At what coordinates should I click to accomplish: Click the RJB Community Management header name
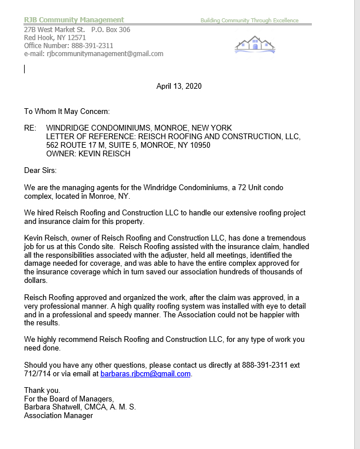[74, 20]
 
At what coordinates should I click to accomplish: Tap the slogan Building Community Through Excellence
[249, 21]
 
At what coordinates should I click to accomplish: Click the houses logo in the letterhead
[255, 45]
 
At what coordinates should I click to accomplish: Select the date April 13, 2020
[179, 86]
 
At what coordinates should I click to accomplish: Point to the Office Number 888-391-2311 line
[69, 46]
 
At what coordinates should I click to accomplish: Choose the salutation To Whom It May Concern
[66, 111]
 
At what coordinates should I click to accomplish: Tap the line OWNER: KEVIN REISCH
[88, 153]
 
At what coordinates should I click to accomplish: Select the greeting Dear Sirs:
[41, 170]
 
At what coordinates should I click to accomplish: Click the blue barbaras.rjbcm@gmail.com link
[146, 374]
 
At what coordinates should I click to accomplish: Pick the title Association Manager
[58, 416]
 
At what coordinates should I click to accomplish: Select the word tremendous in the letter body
[281, 238]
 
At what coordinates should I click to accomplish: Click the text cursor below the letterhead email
[25, 69]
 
